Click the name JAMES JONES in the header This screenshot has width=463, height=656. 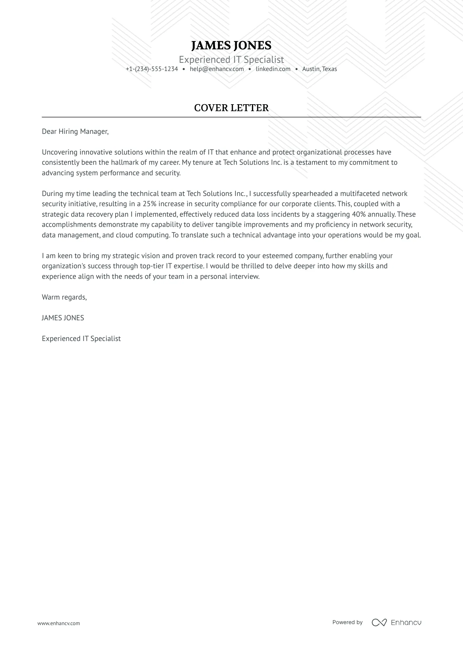(x=231, y=45)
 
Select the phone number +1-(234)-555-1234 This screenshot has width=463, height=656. (x=152, y=69)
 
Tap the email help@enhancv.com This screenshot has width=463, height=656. (x=217, y=69)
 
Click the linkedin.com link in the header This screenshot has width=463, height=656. (x=273, y=69)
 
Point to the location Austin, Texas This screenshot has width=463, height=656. (x=320, y=69)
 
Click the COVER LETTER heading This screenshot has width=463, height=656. (x=231, y=108)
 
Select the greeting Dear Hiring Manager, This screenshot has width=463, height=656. (x=75, y=132)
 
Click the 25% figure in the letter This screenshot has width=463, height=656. (x=149, y=204)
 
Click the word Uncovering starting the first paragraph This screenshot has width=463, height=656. (x=59, y=152)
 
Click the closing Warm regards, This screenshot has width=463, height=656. (x=64, y=297)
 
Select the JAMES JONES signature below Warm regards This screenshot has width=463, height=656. (x=63, y=318)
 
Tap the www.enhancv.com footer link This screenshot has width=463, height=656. (x=58, y=623)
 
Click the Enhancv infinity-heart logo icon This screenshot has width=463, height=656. (x=379, y=622)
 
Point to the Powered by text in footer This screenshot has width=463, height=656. (x=347, y=622)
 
